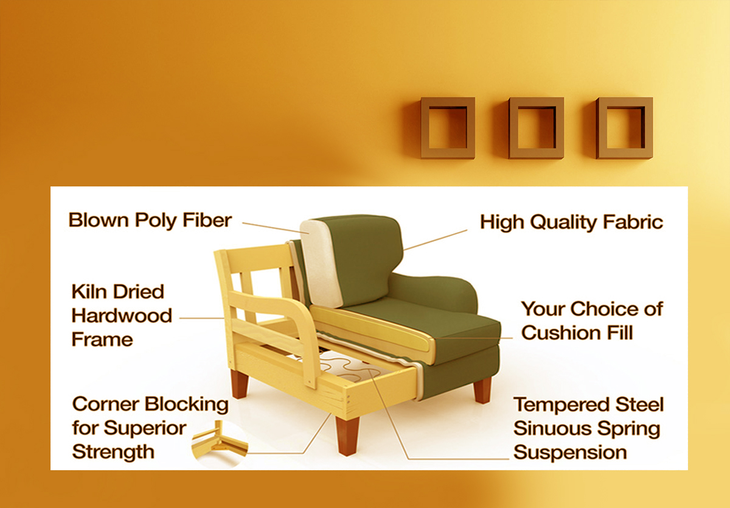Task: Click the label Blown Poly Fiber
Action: click(x=150, y=220)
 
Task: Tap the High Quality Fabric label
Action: click(x=572, y=222)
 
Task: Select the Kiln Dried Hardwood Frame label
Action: click(x=122, y=316)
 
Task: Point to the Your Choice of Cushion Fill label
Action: click(x=592, y=321)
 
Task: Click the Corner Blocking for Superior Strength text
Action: click(x=150, y=428)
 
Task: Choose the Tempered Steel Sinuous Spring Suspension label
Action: click(x=589, y=428)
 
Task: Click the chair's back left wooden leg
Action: click(x=240, y=383)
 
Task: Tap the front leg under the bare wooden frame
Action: click(x=347, y=436)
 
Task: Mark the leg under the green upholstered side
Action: click(x=482, y=390)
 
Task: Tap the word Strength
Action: click(x=113, y=452)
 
